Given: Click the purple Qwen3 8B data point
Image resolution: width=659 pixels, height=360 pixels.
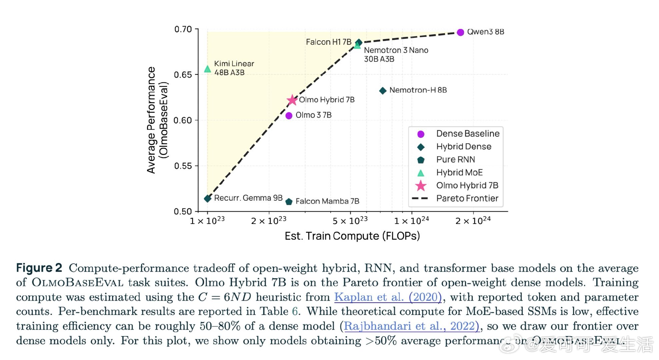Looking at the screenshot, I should click(460, 32).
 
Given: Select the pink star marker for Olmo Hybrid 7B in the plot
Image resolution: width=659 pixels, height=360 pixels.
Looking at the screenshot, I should click(292, 100).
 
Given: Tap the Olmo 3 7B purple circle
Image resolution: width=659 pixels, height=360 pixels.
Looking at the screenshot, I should click(289, 115).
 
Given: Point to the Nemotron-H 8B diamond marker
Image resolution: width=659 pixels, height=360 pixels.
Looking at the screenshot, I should click(383, 90).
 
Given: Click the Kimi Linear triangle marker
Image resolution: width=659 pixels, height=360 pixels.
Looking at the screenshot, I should click(207, 69).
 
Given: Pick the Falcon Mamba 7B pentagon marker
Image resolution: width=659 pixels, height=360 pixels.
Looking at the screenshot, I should click(289, 202).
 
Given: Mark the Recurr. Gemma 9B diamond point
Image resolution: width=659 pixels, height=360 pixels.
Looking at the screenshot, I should click(208, 199).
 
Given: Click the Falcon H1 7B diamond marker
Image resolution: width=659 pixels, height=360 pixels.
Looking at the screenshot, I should click(359, 42).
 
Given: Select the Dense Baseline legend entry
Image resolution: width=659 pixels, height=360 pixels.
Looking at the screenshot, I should click(467, 134).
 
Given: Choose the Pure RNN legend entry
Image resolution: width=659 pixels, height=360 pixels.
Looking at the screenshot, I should click(455, 160).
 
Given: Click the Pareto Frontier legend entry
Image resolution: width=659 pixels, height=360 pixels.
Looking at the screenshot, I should click(467, 198).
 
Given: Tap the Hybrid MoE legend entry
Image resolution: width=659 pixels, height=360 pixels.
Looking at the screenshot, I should click(459, 173).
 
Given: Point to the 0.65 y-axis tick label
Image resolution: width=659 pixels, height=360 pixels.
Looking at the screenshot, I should click(183, 75).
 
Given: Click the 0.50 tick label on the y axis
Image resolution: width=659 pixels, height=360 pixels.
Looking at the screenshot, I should click(183, 211).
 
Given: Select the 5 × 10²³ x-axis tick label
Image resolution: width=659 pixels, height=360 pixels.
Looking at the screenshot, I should click(350, 221).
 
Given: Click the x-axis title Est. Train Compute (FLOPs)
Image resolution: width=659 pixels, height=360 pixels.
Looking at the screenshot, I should click(352, 236).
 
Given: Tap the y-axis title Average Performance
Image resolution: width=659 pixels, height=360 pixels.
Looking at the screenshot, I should click(151, 120).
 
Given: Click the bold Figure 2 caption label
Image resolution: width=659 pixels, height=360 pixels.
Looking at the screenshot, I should click(39, 268).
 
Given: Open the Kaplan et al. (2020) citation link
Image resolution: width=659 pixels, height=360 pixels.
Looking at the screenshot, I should click(388, 297).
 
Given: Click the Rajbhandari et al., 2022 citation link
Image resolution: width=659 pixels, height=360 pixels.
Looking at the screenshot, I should click(411, 326).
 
